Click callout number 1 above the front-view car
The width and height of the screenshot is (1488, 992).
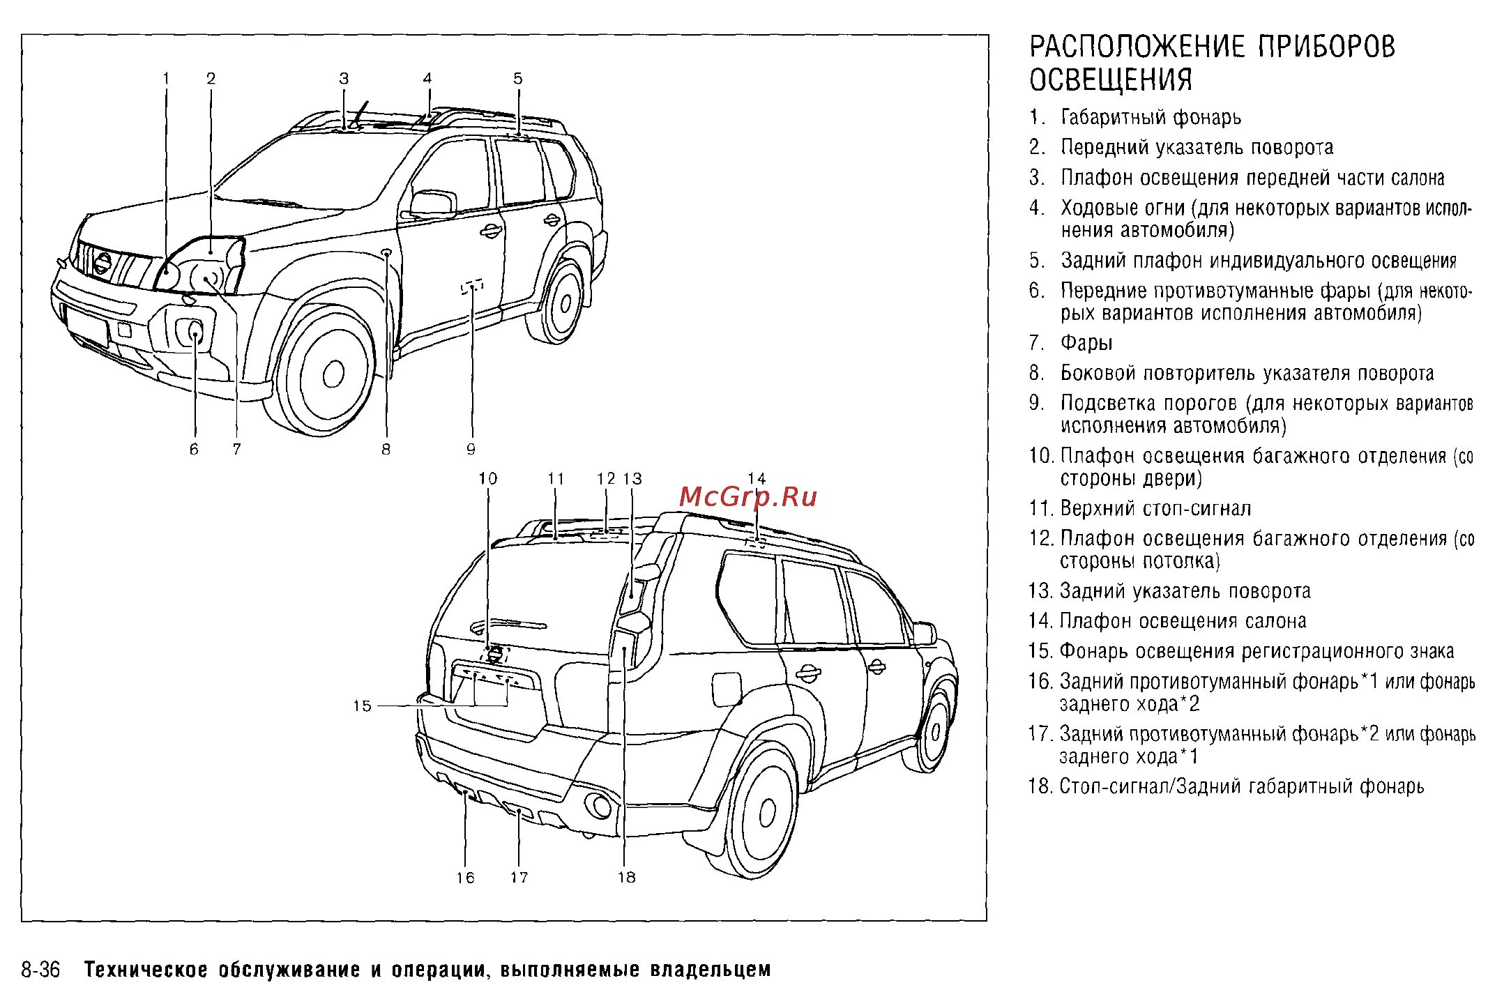click(x=166, y=79)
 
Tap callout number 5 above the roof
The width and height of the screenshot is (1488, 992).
click(x=517, y=79)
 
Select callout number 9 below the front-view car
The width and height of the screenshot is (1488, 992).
click(x=471, y=450)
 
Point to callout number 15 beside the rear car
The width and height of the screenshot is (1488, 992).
click(x=362, y=706)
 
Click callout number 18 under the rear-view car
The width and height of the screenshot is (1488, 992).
click(x=626, y=878)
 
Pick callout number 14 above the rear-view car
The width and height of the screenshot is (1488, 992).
click(x=757, y=479)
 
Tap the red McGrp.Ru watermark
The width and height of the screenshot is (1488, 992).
click(x=747, y=497)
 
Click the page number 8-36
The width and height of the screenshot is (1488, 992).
click(x=40, y=970)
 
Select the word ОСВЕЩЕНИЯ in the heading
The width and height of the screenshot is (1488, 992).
click(x=1111, y=79)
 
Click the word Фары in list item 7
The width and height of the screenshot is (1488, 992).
click(x=1086, y=343)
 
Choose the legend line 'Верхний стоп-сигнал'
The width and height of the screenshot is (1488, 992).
click(x=1155, y=509)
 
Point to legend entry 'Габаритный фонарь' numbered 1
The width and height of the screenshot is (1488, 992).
click(x=1151, y=117)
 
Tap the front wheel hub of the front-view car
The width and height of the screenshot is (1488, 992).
click(x=333, y=374)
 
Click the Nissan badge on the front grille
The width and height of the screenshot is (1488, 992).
click(x=103, y=264)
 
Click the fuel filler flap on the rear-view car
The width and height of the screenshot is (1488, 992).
click(x=726, y=689)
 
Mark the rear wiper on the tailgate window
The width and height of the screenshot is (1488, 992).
click(x=509, y=625)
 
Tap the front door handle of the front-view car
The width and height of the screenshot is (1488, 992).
click(x=491, y=231)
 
